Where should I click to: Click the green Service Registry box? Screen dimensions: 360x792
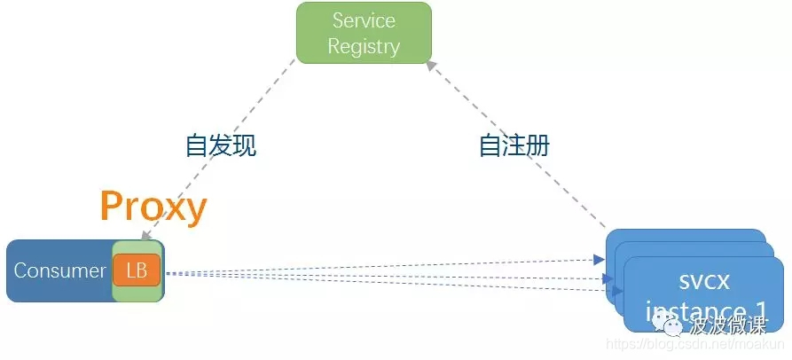pyautogui.click(x=364, y=33)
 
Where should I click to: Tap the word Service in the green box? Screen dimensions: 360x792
pyautogui.click(x=364, y=20)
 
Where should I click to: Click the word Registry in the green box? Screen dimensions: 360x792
pyautogui.click(x=364, y=46)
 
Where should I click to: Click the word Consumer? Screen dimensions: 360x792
pyautogui.click(x=59, y=270)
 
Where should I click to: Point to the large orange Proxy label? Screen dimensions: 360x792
pyautogui.click(x=153, y=206)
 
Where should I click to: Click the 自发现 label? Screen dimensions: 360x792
pyautogui.click(x=221, y=145)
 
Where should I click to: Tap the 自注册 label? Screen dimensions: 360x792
pyautogui.click(x=514, y=145)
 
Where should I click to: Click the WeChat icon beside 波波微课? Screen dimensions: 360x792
pyautogui.click(x=674, y=328)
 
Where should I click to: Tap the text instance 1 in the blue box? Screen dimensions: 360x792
pyautogui.click(x=706, y=311)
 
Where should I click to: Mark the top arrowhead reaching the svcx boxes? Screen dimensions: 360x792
pyautogui.click(x=597, y=260)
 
